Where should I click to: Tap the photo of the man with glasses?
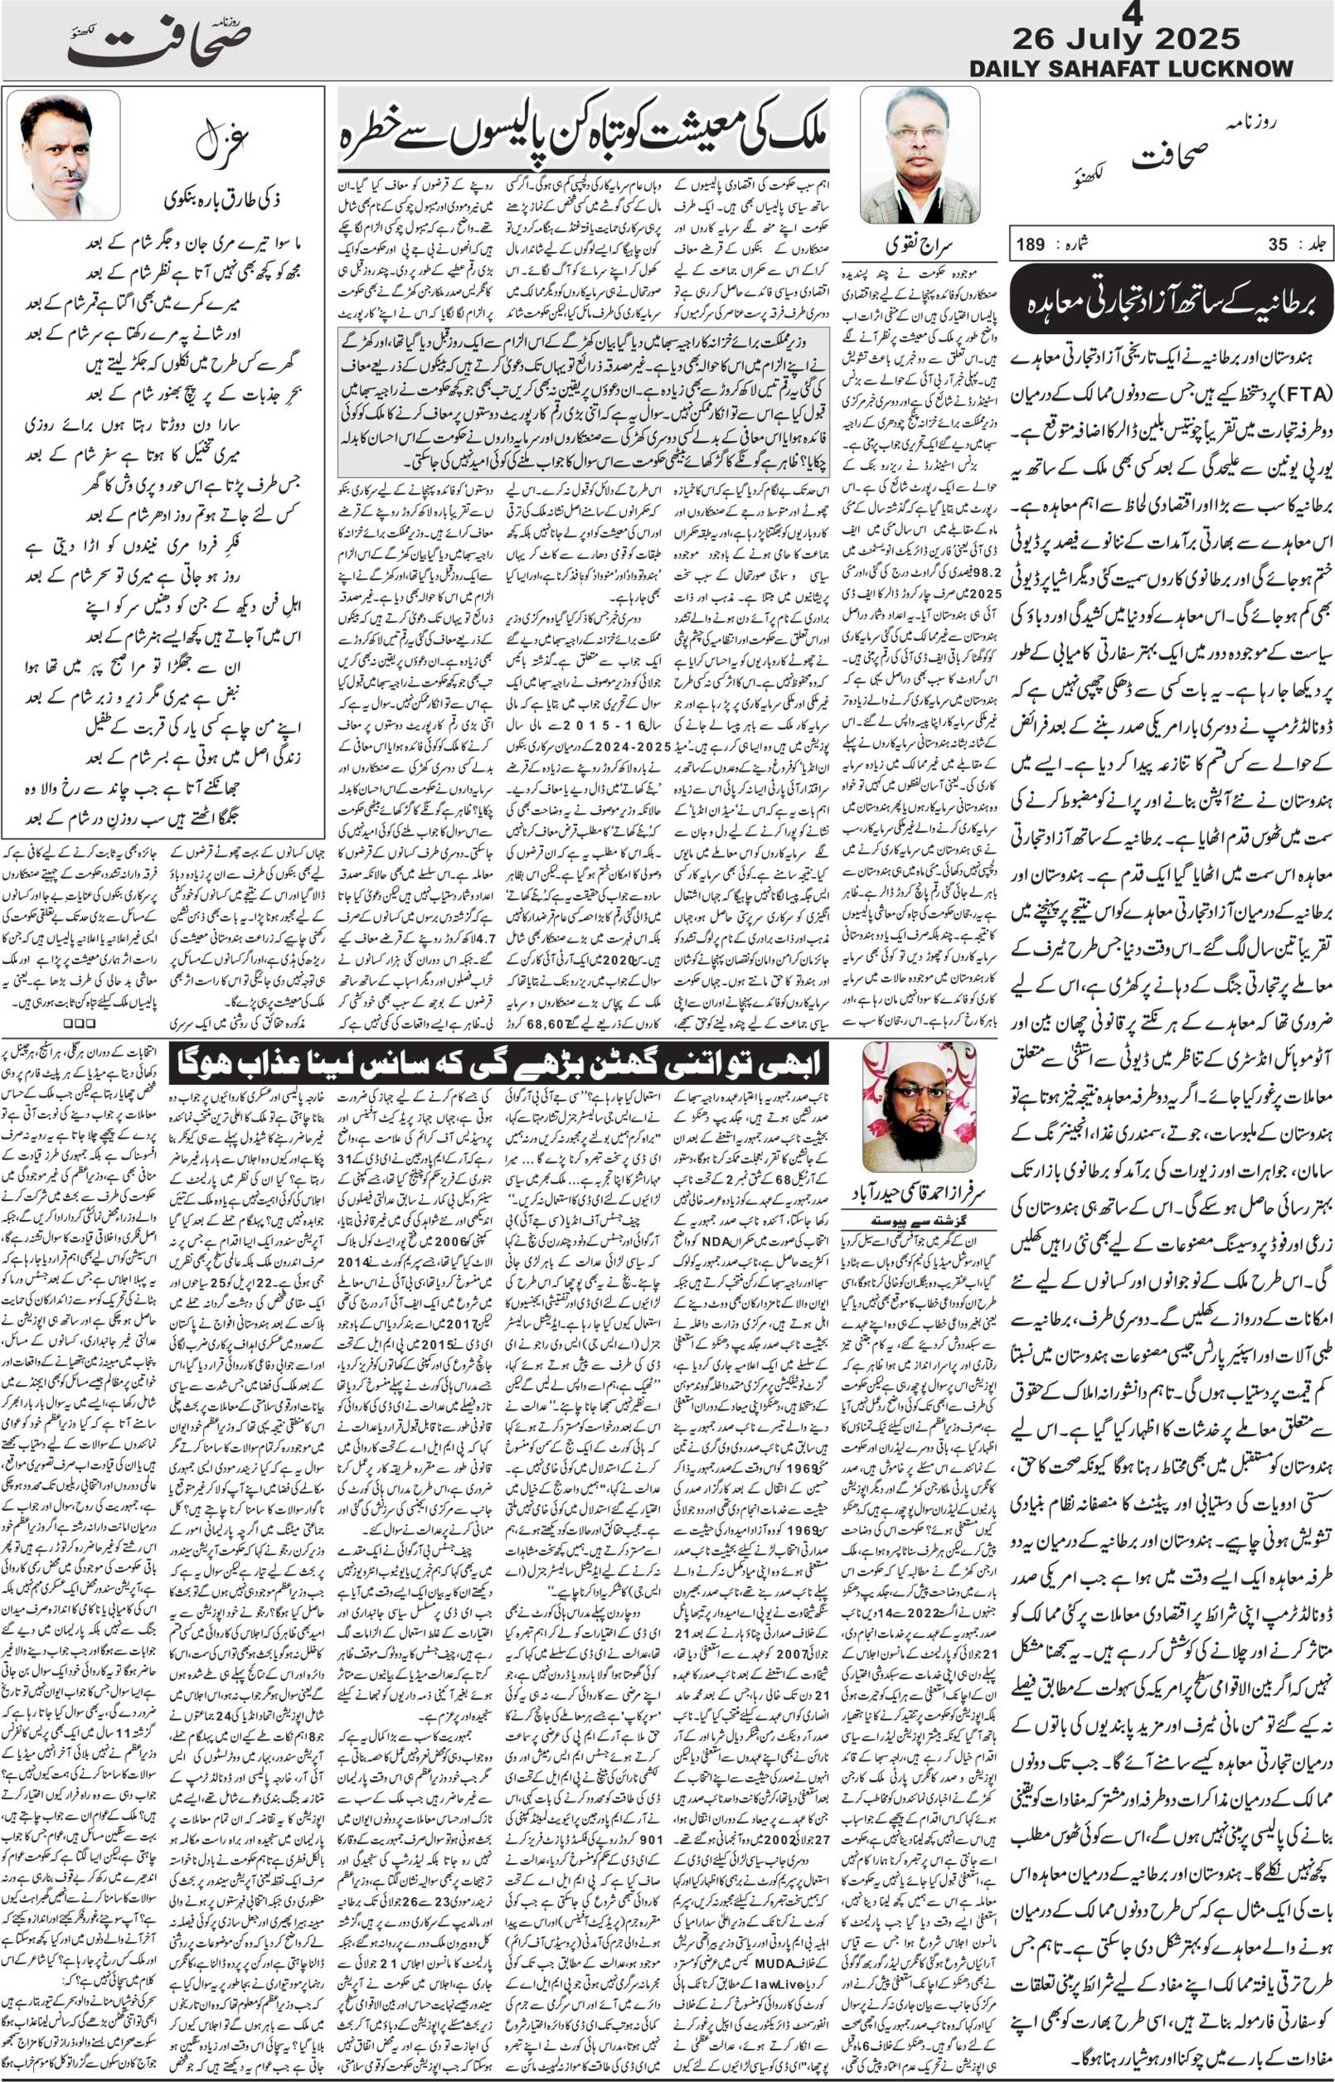920,156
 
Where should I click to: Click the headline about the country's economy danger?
583,130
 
